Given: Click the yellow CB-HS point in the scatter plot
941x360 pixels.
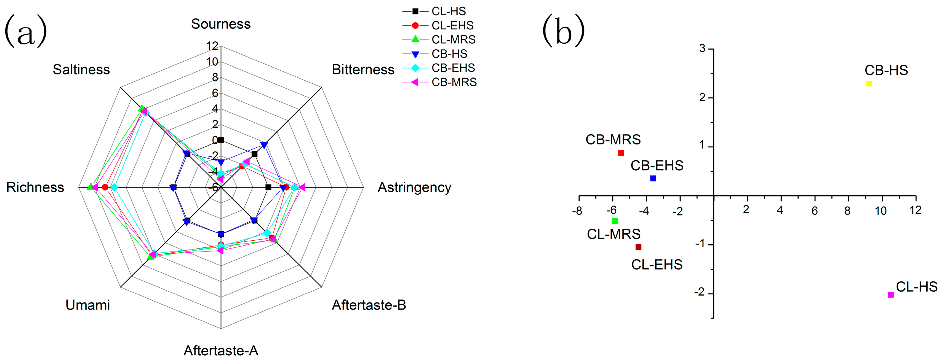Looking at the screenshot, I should [x=869, y=84].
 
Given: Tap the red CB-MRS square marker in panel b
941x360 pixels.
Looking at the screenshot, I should [x=621, y=153].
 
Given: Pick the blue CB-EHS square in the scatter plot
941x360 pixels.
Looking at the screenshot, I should [x=653, y=178].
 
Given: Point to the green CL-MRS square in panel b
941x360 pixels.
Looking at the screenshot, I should [x=615, y=221].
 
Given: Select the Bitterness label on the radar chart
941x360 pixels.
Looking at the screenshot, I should [x=363, y=69].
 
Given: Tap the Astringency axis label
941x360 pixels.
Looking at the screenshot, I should [x=414, y=188].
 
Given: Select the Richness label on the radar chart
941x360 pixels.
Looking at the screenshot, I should [x=35, y=188].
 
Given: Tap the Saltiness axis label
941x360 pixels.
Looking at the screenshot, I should [x=81, y=69].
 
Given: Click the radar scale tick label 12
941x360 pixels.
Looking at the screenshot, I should [x=212, y=46].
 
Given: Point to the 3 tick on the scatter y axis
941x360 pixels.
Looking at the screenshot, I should [x=702, y=49].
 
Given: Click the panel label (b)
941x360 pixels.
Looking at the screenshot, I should [x=563, y=30].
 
